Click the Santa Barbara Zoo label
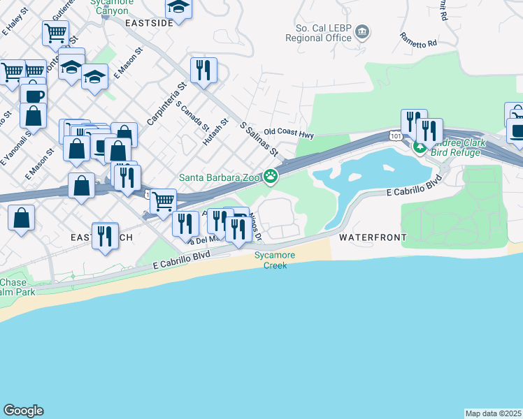pos(220,177)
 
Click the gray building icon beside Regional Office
pos(362,31)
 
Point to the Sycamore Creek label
pos(275,260)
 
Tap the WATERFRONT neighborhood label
pos(373,237)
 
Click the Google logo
pos(23,411)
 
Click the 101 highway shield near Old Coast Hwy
pos(396,137)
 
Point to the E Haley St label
pos(13,25)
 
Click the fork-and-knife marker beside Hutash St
pos(203,70)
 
